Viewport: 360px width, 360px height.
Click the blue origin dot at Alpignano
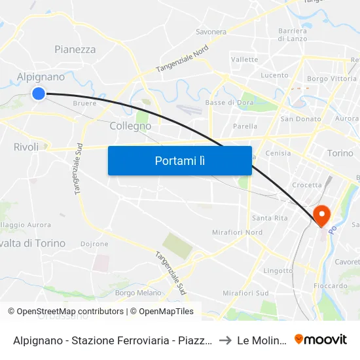tap(39, 94)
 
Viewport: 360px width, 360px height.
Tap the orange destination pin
tap(322, 215)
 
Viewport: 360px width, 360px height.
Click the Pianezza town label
tap(75, 50)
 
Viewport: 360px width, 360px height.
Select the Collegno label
tap(130, 126)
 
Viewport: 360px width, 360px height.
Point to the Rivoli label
tap(26, 147)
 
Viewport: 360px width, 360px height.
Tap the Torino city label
tap(340, 153)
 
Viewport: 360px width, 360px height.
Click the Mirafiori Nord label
tap(237, 233)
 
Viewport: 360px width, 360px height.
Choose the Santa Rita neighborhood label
tap(270, 218)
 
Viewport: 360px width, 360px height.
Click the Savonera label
tap(211, 31)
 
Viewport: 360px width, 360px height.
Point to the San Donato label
tap(300, 119)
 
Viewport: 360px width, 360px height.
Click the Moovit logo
tap(321, 339)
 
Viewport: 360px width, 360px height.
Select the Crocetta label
tap(307, 185)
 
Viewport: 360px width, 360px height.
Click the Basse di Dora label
tap(225, 103)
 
